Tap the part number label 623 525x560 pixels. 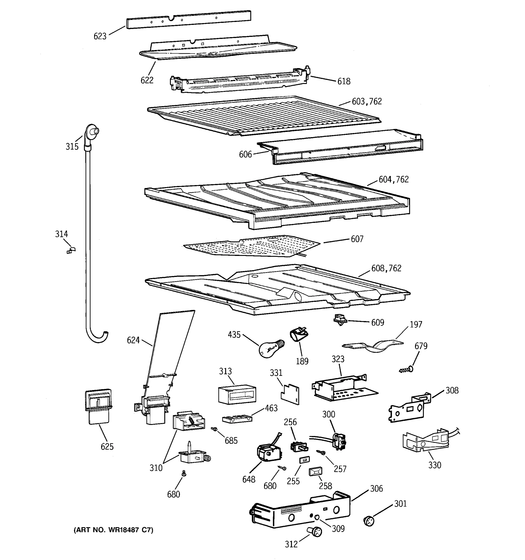(x=100, y=36)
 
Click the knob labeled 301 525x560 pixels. (x=369, y=521)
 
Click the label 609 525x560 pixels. (x=377, y=322)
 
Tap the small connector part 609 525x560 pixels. (x=340, y=319)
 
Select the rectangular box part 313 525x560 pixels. (x=237, y=394)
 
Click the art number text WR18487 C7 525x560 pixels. (x=113, y=530)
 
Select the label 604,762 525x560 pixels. (x=393, y=179)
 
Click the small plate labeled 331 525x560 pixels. (x=290, y=394)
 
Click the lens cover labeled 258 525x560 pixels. (x=315, y=471)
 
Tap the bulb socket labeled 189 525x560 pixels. (x=299, y=335)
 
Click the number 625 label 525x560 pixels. (x=107, y=446)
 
